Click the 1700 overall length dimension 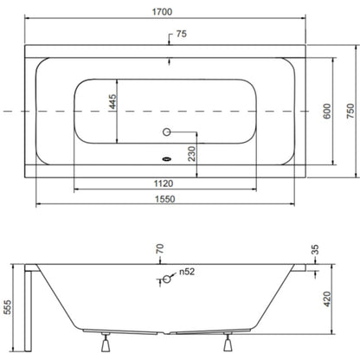pos(162,12)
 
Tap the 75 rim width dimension pos(182,34)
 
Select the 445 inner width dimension pos(112,101)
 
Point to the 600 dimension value pos(327,111)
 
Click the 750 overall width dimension pos(350,111)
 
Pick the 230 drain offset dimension pos(192,154)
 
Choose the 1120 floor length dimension pos(164,183)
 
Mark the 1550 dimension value pos(165,199)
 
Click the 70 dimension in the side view pos(160,248)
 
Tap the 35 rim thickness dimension pos(315,249)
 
